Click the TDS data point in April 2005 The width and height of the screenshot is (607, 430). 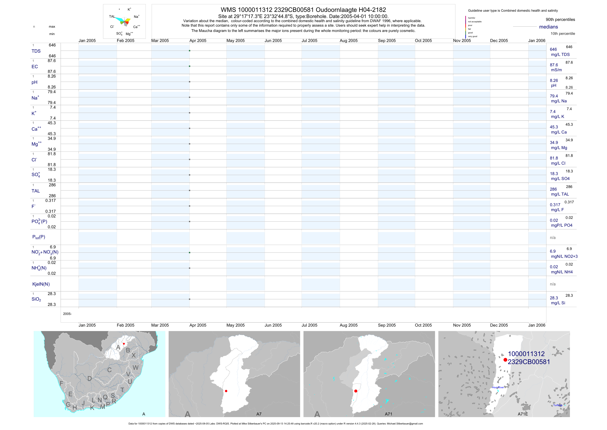pyautogui.click(x=190, y=51)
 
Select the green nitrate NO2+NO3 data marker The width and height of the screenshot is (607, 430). pyautogui.click(x=190, y=253)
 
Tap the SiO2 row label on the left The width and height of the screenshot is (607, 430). pyautogui.click(x=36, y=299)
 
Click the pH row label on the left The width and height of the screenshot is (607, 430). pyautogui.click(x=34, y=82)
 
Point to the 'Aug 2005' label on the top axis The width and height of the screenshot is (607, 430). pyautogui.click(x=348, y=41)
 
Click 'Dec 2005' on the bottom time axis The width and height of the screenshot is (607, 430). pyautogui.click(x=499, y=325)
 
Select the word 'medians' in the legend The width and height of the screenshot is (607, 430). pyautogui.click(x=549, y=27)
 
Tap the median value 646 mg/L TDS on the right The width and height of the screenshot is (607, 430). pyautogui.click(x=553, y=50)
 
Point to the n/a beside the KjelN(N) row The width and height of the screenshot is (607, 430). pyautogui.click(x=553, y=284)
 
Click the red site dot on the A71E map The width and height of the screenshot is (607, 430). pyautogui.click(x=505, y=360)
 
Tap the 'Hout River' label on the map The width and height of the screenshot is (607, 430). pyautogui.click(x=498, y=387)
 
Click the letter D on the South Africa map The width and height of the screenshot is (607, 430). pyautogui.click(x=90, y=379)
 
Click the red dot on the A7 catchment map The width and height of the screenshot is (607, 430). pyautogui.click(x=226, y=391)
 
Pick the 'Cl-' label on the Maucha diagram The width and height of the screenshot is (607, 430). pyautogui.click(x=112, y=27)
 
